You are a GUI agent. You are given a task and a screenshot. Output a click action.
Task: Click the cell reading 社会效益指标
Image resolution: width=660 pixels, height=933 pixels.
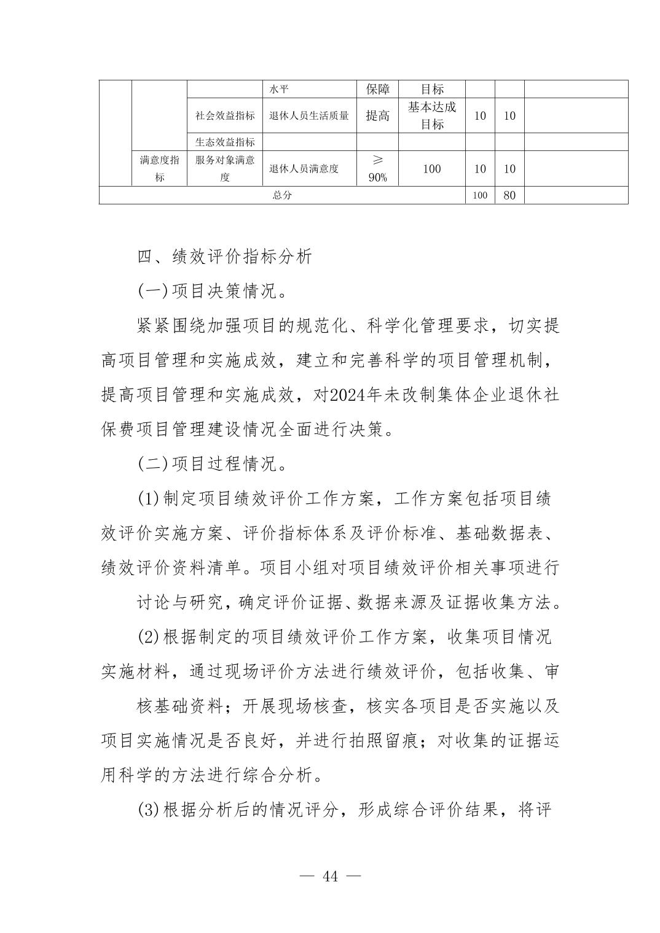pyautogui.click(x=225, y=116)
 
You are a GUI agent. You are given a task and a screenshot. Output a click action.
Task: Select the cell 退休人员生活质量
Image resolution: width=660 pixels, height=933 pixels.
pyautogui.click(x=309, y=116)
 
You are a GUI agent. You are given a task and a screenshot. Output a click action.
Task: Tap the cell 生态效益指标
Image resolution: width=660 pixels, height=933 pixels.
pyautogui.click(x=225, y=142)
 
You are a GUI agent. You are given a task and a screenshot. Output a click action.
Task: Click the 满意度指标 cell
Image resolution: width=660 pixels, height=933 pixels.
pyautogui.click(x=159, y=169)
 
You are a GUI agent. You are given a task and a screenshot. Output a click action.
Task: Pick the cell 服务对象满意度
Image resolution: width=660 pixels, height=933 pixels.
pyautogui.click(x=225, y=169)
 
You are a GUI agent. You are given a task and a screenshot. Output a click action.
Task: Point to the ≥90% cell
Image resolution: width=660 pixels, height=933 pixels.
pyautogui.click(x=377, y=169)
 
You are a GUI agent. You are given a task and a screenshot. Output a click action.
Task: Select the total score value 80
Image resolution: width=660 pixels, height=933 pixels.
pyautogui.click(x=509, y=195)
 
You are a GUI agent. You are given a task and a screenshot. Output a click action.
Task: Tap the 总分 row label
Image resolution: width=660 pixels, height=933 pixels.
pyautogui.click(x=282, y=195)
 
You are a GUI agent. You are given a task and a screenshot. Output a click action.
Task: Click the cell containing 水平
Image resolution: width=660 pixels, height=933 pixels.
pyautogui.click(x=279, y=90)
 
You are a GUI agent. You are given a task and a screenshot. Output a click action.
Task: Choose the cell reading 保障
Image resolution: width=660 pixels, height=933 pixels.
pyautogui.click(x=377, y=89)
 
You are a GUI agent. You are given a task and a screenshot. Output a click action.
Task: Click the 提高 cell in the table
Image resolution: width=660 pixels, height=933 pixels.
pyautogui.click(x=377, y=116)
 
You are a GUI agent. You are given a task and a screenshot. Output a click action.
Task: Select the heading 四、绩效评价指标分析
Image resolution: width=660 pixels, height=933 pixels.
pyautogui.click(x=224, y=257)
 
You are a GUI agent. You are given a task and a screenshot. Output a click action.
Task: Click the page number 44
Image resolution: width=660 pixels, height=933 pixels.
pyautogui.click(x=330, y=876)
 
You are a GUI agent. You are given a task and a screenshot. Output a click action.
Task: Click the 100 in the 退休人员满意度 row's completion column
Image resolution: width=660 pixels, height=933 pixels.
pyautogui.click(x=431, y=169)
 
